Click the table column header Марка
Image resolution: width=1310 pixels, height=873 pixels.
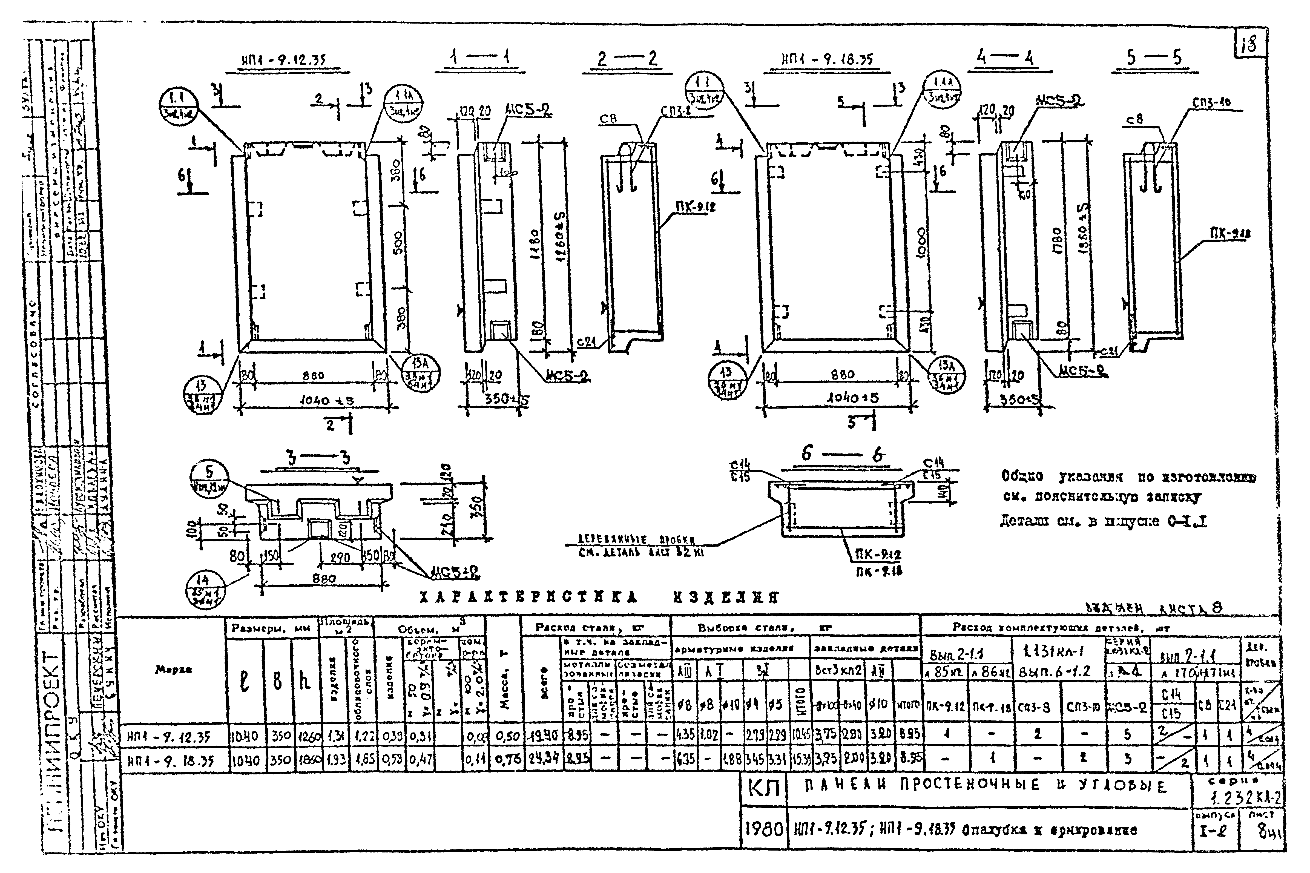(x=174, y=671)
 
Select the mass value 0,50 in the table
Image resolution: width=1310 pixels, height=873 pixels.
(x=507, y=737)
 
